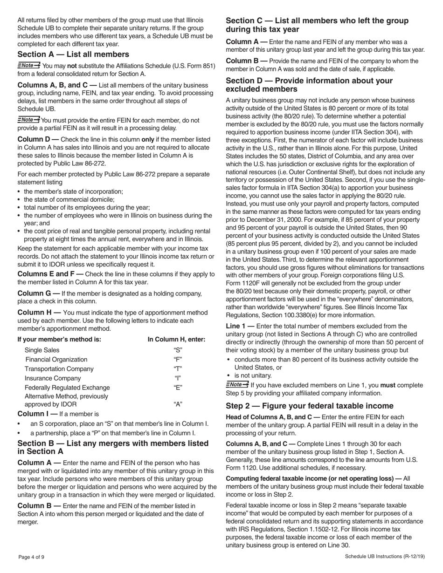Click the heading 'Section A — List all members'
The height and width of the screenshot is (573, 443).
pos(73,55)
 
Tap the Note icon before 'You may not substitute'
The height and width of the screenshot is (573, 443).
pos(28,65)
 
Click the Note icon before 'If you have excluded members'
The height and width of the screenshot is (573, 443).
pos(237,385)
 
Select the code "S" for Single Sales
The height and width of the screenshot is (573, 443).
pos(177,350)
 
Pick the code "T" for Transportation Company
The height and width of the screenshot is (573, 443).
pos(177,368)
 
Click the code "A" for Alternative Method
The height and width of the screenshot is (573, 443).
pos(177,404)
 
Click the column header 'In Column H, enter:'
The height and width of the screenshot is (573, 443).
pos(176,339)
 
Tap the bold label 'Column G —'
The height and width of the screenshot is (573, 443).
pos(38,293)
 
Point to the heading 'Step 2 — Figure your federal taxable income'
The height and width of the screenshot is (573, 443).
pos(309,405)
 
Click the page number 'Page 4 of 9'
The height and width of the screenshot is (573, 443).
pos(32,557)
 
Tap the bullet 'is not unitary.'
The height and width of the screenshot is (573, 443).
pos(253,375)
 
